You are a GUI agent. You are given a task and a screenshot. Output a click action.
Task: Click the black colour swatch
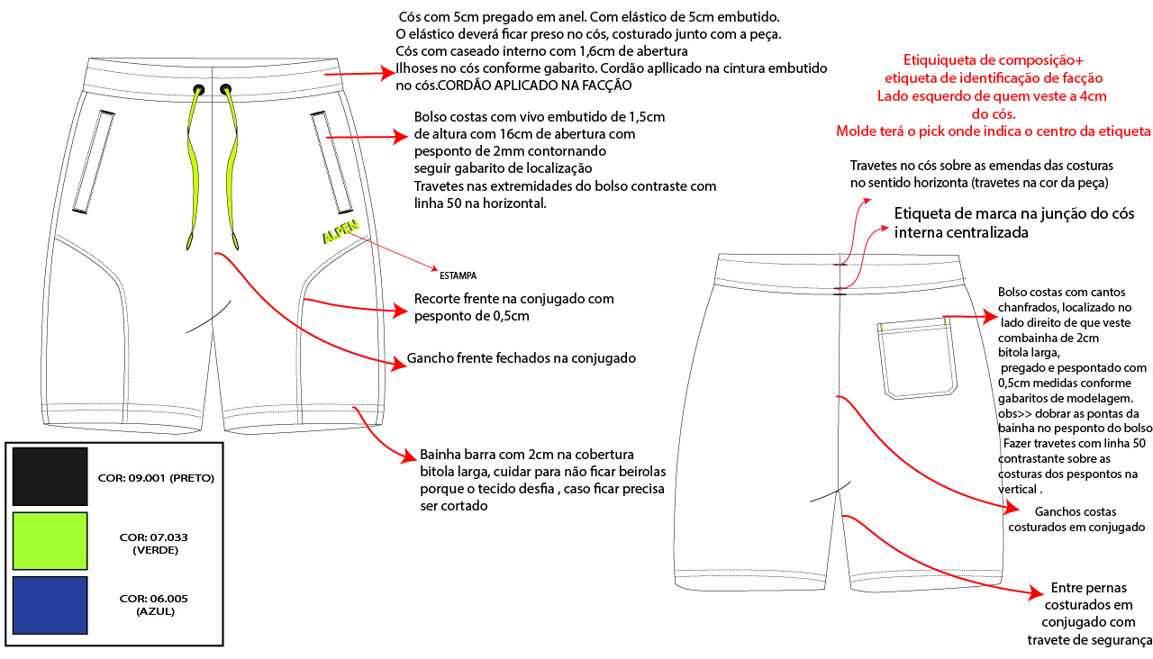(50, 476)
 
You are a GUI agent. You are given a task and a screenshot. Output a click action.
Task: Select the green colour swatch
(50, 541)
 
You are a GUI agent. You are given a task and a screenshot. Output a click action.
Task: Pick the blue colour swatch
(50, 606)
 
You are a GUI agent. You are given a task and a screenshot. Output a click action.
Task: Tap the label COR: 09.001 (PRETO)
(156, 478)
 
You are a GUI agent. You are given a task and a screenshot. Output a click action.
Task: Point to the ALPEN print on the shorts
(340, 230)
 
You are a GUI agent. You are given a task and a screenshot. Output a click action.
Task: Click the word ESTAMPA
(458, 275)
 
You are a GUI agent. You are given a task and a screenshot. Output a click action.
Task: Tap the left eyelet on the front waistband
(198, 89)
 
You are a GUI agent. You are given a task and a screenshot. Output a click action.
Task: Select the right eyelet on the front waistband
(225, 89)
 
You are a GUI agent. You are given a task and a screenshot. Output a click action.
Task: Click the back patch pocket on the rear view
(916, 358)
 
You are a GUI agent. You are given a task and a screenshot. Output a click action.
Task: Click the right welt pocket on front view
(331, 158)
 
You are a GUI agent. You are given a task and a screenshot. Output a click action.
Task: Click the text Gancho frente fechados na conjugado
(522, 358)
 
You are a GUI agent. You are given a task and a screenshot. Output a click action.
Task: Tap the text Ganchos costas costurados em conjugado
(1076, 519)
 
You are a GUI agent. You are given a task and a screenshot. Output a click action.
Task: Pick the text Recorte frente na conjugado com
(513, 299)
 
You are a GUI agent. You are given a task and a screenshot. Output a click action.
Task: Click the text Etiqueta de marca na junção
(1013, 214)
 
